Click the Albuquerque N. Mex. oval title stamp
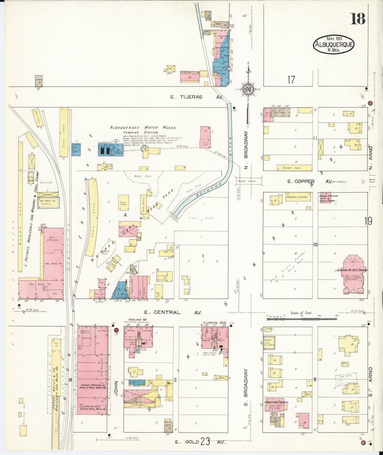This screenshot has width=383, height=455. (334, 44)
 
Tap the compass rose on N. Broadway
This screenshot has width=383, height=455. (249, 89)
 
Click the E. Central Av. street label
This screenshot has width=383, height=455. (173, 312)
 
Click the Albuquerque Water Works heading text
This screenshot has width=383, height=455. (143, 128)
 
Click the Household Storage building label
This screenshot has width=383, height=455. (298, 197)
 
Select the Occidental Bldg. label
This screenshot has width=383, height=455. (212, 323)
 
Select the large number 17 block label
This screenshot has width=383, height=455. (291, 79)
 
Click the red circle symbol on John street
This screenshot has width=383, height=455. (116, 330)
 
